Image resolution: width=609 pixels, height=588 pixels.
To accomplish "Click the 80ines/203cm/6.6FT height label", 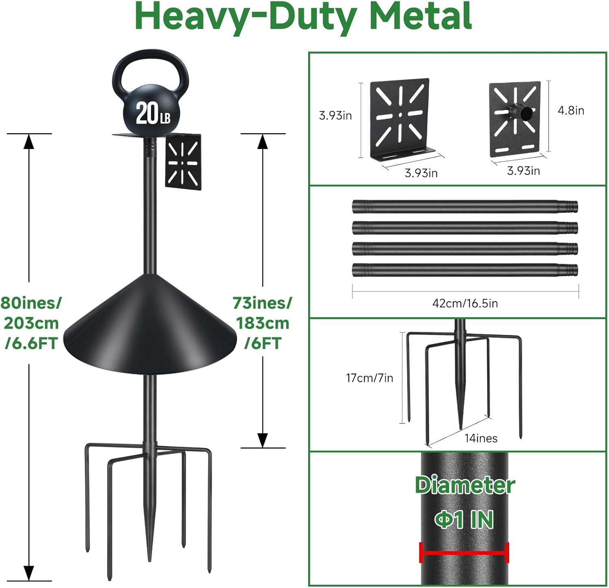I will [x=31, y=323].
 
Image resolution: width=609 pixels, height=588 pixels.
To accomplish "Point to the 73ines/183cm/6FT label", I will [x=262, y=323].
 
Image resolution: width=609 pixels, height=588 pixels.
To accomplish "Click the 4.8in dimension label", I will [x=571, y=110].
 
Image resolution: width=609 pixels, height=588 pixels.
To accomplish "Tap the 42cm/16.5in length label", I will [x=465, y=303].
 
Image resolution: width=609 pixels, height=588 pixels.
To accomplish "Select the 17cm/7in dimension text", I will [x=369, y=378].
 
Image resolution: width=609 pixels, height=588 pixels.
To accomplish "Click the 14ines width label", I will [x=481, y=438].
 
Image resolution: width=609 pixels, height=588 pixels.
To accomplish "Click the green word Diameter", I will [x=465, y=485].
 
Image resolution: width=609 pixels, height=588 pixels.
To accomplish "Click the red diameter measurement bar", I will [x=464, y=553].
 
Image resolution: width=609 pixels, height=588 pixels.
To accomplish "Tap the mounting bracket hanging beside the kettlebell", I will [x=183, y=162].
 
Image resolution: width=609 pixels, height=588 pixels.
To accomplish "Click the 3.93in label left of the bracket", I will [x=335, y=116].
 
